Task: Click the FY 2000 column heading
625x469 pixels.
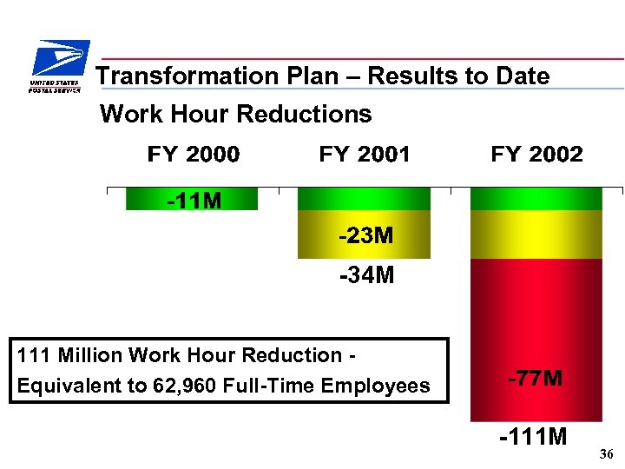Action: tap(194, 155)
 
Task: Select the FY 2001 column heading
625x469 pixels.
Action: tap(365, 155)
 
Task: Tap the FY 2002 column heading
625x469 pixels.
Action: tap(536, 155)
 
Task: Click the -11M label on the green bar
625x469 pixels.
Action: tap(194, 201)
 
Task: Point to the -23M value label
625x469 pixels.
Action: tap(365, 235)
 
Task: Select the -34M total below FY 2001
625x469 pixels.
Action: tap(365, 275)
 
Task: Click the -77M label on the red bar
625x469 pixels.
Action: tap(535, 379)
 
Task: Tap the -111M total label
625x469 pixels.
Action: tap(533, 436)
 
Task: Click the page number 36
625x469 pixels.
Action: tap(606, 454)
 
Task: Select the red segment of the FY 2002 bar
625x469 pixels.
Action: tap(536, 330)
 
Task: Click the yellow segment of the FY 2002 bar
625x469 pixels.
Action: tap(536, 234)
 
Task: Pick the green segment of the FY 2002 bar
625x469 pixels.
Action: tap(536, 199)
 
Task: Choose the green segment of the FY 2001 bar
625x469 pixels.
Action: tap(364, 199)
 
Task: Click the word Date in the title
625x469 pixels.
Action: tap(523, 76)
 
